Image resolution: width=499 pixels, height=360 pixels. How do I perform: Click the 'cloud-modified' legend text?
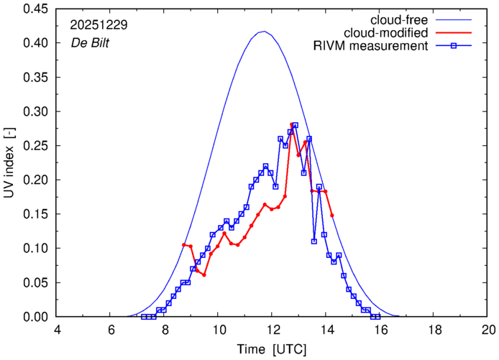point(386,33)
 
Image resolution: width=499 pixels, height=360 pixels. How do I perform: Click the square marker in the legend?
point(451,47)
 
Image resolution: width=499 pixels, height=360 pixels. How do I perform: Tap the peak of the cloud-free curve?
point(264,32)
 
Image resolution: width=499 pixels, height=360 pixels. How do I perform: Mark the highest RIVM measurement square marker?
point(295,125)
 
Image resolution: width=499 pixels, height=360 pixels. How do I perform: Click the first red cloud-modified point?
point(184,245)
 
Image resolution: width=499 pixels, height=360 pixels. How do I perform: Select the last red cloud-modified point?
point(332,215)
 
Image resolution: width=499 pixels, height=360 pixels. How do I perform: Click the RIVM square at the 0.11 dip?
point(314,241)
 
